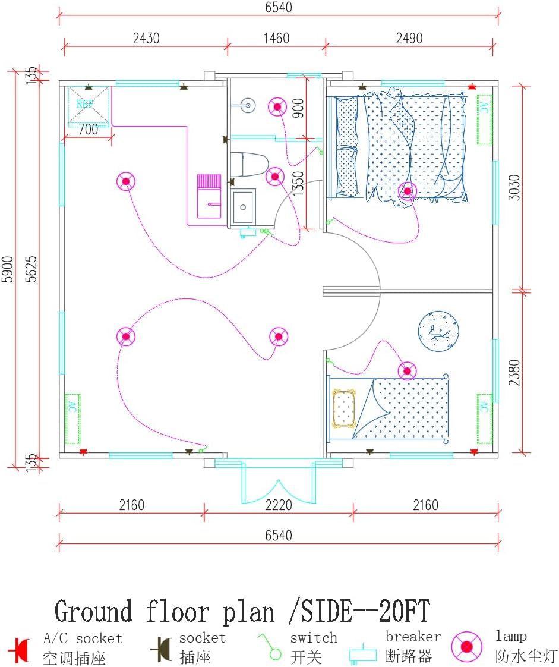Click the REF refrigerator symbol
coord(88,105)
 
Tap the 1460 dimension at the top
coord(276,39)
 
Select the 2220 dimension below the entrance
coord(279,505)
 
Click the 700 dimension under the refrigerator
coord(88,130)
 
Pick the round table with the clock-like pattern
coord(438,331)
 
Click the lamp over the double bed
coord(408,191)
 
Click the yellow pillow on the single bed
coord(344,408)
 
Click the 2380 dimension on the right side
coord(515,372)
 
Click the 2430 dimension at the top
coord(146,39)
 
